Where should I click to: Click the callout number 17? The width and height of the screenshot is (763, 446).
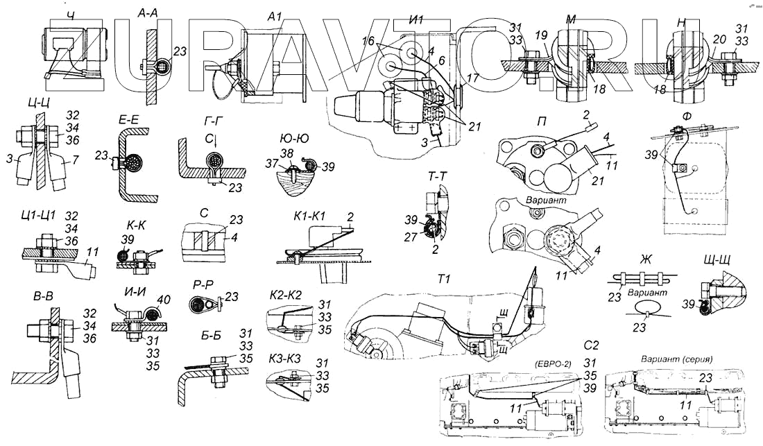click(x=472, y=79)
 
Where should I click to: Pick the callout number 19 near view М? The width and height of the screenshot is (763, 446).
click(x=540, y=34)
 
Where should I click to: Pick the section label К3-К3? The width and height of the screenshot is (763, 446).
click(x=283, y=361)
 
